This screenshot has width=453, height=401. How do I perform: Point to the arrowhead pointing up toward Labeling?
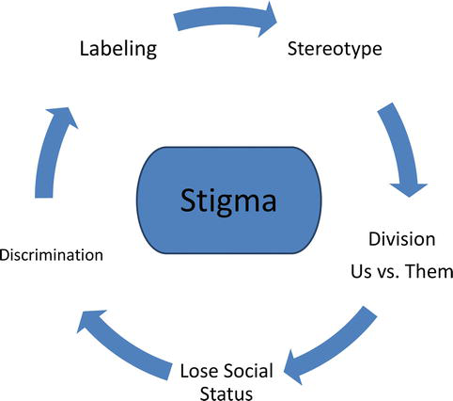coord(59,116)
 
